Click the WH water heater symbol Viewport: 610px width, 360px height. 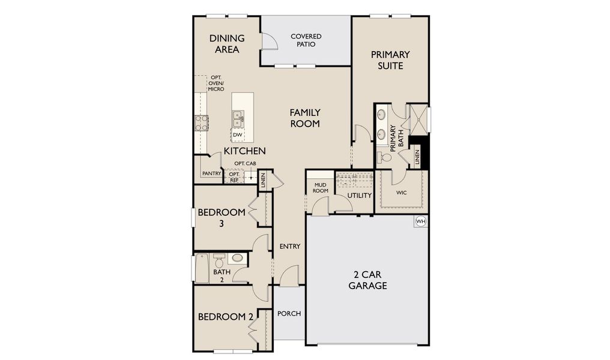(421, 221)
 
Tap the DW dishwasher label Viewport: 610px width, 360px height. (238, 135)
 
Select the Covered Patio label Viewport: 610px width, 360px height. (306, 40)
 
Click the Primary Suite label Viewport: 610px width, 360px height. (390, 60)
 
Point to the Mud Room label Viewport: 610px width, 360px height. (320, 187)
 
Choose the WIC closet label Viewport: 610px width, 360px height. (402, 193)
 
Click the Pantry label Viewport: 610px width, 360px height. (211, 173)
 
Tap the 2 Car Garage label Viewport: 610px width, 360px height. (367, 280)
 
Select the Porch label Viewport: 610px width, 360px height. (289, 314)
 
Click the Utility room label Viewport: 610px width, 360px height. (360, 196)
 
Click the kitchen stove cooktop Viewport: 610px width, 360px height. (201, 123)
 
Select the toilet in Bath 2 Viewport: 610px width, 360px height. (219, 262)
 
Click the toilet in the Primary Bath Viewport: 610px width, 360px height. (385, 158)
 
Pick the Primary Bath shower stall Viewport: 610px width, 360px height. (417, 118)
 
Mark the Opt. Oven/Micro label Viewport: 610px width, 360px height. (216, 83)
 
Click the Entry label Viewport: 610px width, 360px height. (290, 247)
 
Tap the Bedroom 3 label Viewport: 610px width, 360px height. (222, 217)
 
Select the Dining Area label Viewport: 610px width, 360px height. (227, 44)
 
